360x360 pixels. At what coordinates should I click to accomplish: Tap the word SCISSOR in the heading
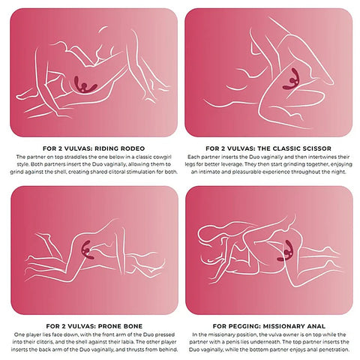316,148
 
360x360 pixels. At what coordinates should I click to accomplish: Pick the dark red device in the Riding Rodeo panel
85,85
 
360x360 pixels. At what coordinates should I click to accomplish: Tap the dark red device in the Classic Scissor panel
291,79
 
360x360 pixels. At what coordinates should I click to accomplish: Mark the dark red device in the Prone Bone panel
88,250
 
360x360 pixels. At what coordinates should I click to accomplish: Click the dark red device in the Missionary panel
286,250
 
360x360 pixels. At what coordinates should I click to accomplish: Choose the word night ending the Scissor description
339,172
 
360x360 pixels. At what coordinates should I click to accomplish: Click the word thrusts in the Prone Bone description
135,349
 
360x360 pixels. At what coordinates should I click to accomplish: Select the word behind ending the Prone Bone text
168,349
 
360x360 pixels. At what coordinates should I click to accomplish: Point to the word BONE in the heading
133,326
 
